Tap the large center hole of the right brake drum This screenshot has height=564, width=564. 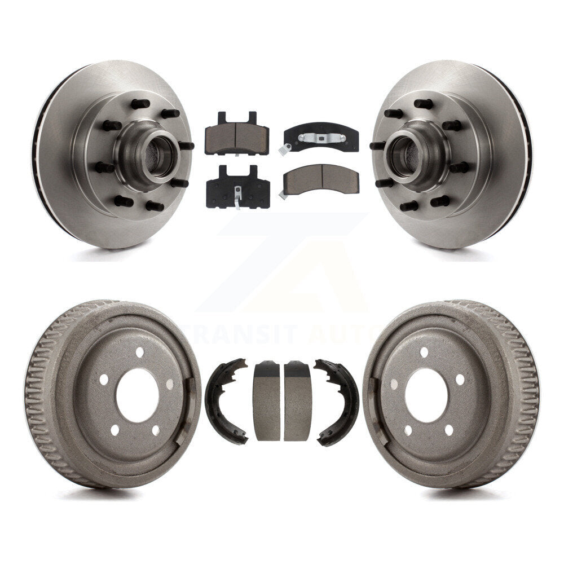[x=426, y=395]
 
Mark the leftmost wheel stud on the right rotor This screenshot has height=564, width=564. [x=377, y=146]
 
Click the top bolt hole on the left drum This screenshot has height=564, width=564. [x=139, y=352]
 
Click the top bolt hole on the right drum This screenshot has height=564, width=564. [x=424, y=352]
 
